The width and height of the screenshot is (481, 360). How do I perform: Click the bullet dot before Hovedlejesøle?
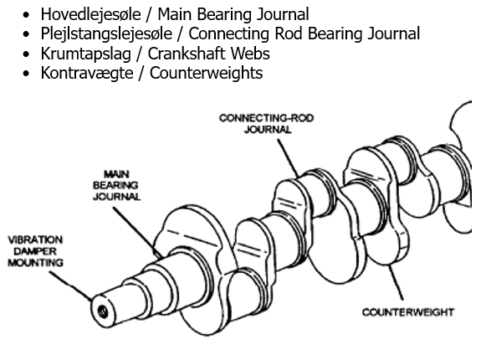(29, 15)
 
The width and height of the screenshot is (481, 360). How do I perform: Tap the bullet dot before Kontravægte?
(29, 74)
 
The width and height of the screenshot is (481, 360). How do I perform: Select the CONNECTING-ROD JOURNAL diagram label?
(267, 124)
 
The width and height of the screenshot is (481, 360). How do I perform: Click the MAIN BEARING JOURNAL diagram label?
(116, 186)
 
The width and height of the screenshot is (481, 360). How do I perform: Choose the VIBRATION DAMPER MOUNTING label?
(36, 250)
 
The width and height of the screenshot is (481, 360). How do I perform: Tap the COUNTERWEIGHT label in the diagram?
(408, 312)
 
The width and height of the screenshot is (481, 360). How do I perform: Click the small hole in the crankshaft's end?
(102, 311)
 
